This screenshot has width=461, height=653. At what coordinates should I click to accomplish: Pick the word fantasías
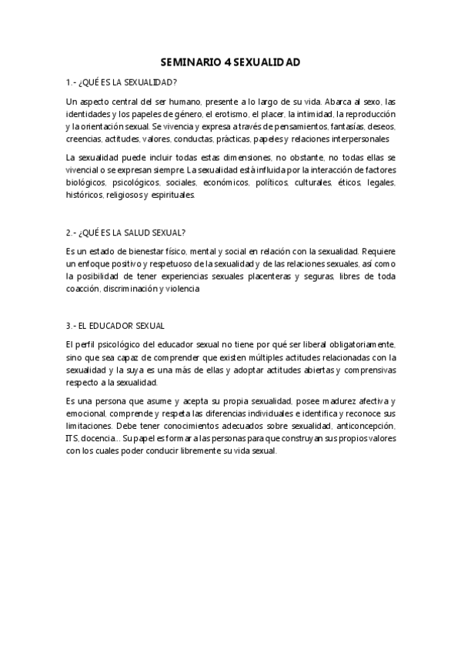click(346, 126)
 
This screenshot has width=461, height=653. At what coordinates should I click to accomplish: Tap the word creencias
click(83, 139)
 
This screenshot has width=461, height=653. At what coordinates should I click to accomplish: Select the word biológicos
click(85, 183)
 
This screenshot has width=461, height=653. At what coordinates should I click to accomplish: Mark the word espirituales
click(172, 195)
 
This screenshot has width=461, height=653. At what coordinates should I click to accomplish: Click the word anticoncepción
click(364, 427)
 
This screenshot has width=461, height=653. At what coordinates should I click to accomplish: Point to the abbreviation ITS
click(72, 439)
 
